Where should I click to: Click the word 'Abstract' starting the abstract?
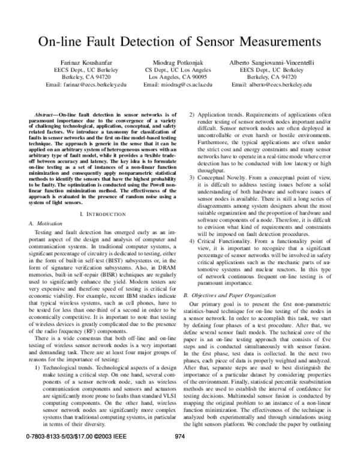46,114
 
